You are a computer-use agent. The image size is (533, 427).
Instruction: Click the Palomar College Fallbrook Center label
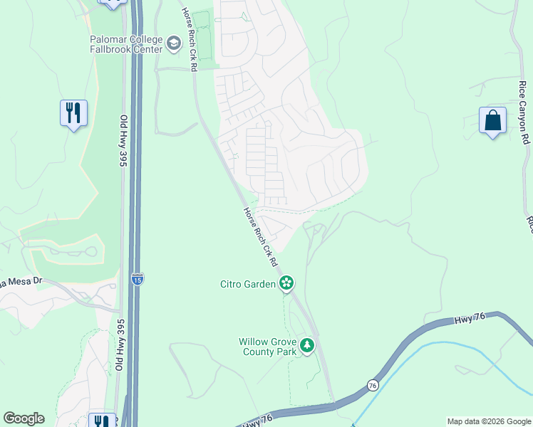point(126,44)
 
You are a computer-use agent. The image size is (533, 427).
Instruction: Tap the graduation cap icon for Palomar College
point(173,45)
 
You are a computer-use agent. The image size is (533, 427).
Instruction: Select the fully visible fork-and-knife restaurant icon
point(73,113)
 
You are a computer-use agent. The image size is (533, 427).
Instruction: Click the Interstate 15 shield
point(137,278)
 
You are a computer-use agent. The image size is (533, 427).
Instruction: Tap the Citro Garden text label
point(247,285)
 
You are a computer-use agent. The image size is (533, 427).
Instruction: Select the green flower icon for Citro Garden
point(286,283)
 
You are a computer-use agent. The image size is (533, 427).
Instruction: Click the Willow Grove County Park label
point(267,347)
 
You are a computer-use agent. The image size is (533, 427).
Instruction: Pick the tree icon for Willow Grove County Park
point(307,346)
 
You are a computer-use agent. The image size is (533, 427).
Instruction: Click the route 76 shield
point(372,384)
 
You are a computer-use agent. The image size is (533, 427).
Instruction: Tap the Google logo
point(24,418)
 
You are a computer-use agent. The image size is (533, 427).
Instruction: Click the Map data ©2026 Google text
point(488,421)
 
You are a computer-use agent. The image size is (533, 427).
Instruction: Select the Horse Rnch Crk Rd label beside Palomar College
point(189,39)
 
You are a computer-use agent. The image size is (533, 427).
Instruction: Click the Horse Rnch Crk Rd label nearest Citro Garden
point(260,237)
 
